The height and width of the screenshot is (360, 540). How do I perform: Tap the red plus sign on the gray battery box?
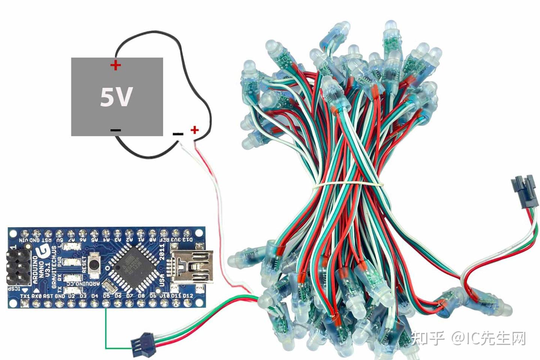click(115, 65)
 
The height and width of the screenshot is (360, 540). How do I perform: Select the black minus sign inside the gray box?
click(115, 130)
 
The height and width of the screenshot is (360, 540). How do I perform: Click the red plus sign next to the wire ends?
click(194, 130)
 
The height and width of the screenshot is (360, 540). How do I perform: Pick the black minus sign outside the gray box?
click(178, 133)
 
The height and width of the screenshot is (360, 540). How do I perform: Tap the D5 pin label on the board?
click(106, 296)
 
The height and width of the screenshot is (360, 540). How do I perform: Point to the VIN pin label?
click(24, 239)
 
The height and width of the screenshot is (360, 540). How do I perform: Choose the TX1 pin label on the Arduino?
click(24, 296)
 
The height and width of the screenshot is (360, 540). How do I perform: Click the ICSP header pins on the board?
click(18, 267)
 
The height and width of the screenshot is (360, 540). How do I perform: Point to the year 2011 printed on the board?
click(162, 252)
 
